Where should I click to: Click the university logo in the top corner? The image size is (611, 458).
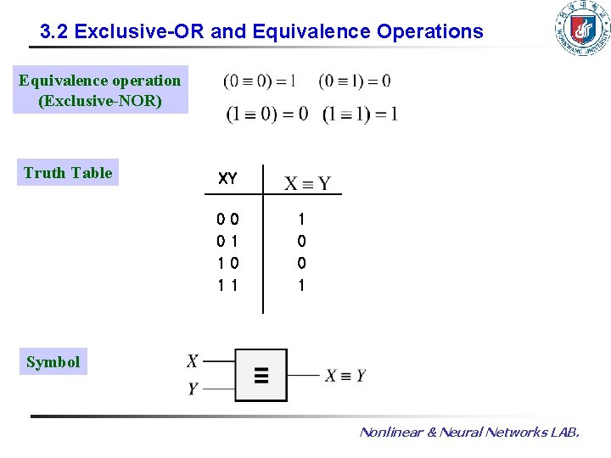[x=581, y=29]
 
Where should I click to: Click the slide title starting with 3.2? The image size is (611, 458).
[x=261, y=32]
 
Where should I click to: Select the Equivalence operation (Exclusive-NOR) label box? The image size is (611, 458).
[x=100, y=91]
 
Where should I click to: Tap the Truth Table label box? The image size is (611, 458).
[x=68, y=172]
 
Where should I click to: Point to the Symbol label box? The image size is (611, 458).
[x=53, y=362]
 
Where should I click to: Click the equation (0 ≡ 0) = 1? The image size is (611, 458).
[x=260, y=81]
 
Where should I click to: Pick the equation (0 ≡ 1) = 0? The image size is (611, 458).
[x=355, y=81]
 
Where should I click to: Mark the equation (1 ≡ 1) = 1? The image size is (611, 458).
[x=360, y=114]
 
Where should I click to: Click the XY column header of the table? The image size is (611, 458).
[x=227, y=179]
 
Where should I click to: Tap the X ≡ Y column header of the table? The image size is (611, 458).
[x=306, y=183]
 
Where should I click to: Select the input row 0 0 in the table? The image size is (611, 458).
[x=227, y=220]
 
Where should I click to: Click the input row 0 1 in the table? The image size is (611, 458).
[x=227, y=242]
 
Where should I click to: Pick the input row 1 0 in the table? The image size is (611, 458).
[x=227, y=264]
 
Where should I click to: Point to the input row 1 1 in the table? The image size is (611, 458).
[x=227, y=286]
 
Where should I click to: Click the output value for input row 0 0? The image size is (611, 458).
[x=301, y=220]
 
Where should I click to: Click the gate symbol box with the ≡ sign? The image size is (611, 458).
[x=261, y=375]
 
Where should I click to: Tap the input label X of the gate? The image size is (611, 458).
[x=193, y=361]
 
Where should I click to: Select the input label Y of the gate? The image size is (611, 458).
[x=193, y=388]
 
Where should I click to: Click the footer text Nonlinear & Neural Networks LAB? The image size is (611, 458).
[x=469, y=433]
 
